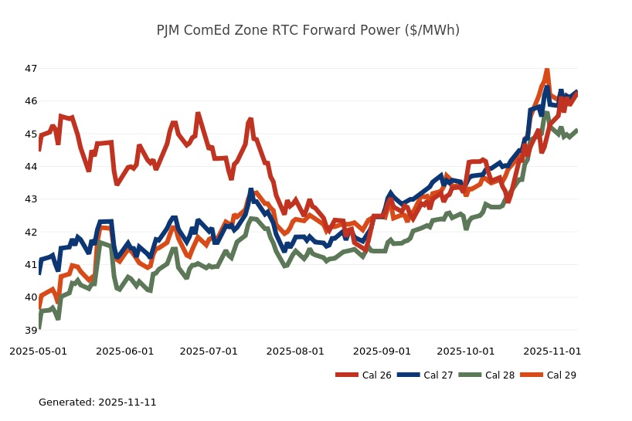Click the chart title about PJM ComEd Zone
pos(308,31)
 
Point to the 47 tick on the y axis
pos(31,69)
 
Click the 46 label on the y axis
pos(31,101)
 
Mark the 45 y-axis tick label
pos(31,134)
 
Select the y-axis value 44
pos(31,167)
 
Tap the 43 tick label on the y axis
pos(31,199)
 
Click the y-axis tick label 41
pos(31,265)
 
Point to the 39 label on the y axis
pos(31,330)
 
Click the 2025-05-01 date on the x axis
pos(38,351)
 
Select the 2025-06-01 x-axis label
pos(124,351)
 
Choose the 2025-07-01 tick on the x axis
pos(209,351)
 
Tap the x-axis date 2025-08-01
pos(295,351)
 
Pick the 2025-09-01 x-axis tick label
pos(382,351)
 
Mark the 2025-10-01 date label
pos(466,351)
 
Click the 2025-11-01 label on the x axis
pos(552,351)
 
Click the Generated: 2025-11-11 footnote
pos(97,402)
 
